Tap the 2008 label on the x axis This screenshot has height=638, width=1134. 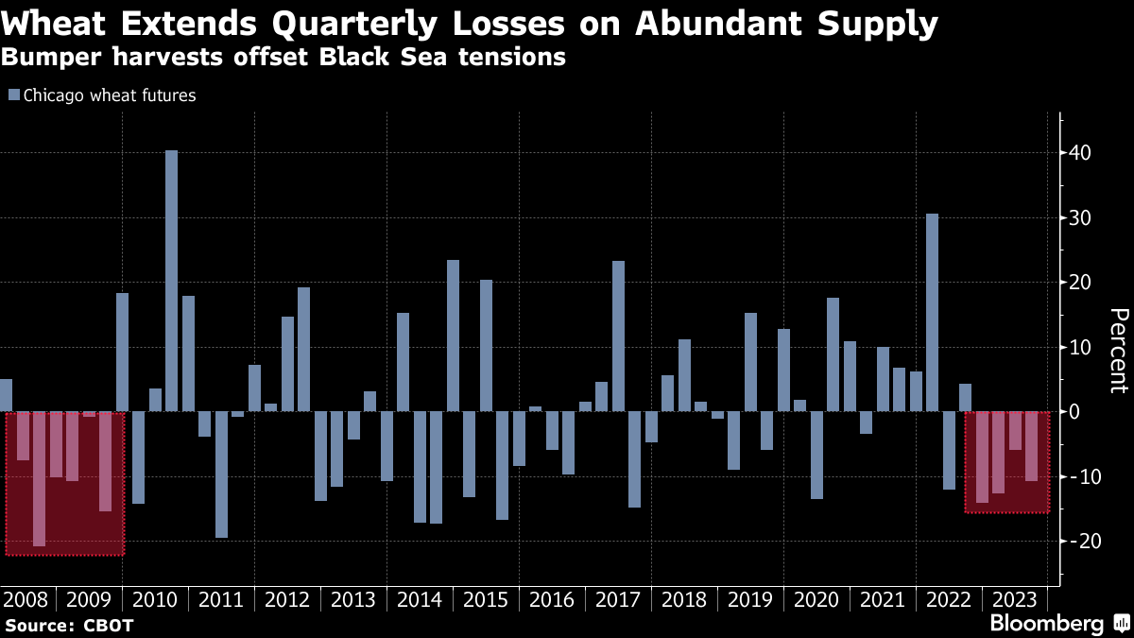click(27, 599)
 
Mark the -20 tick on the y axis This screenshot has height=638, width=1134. click(1078, 542)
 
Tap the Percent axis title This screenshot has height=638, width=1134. click(1118, 350)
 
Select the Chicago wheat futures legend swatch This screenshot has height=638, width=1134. click(13, 95)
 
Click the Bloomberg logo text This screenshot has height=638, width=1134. click(1046, 623)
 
